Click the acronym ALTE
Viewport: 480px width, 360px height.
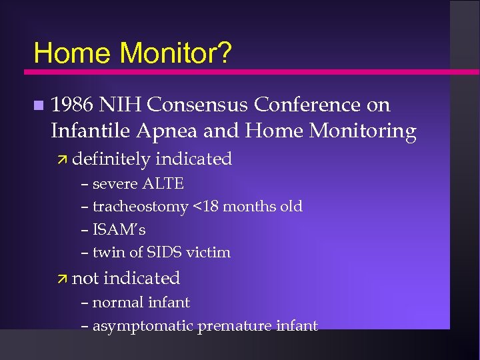point(164,183)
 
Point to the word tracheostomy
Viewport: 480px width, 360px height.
point(140,207)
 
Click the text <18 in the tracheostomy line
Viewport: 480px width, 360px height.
point(205,207)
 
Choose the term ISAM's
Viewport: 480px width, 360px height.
point(119,229)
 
